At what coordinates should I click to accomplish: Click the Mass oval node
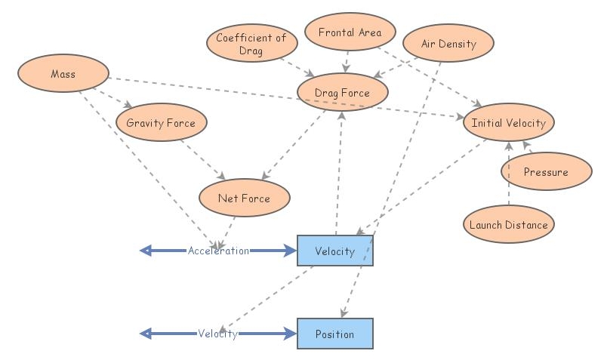pyautogui.click(x=63, y=75)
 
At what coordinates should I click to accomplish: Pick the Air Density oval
pyautogui.click(x=448, y=44)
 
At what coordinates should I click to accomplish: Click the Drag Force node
pyautogui.click(x=344, y=93)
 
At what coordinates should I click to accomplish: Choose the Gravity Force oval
pyautogui.click(x=161, y=122)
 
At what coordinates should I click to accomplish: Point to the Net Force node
pyautogui.click(x=243, y=198)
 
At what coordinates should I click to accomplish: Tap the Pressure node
pyautogui.click(x=545, y=172)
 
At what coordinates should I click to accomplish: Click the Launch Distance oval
pyautogui.click(x=508, y=224)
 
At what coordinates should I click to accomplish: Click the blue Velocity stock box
pyautogui.click(x=334, y=251)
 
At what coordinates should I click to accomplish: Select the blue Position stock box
pyautogui.click(x=334, y=334)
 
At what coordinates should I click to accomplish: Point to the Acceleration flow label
pyautogui.click(x=218, y=251)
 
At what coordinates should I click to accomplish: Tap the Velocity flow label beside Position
pyautogui.click(x=218, y=334)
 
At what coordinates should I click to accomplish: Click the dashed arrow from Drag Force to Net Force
pyautogui.click(x=294, y=143)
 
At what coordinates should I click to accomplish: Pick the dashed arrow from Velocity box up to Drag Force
pyautogui.click(x=339, y=174)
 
